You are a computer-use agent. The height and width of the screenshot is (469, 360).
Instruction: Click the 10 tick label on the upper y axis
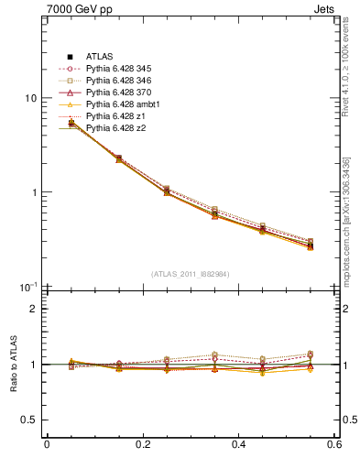(30, 98)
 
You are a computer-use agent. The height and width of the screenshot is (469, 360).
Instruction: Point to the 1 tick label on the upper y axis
(33, 193)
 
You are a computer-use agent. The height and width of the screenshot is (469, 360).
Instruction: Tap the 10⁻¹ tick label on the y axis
(28, 287)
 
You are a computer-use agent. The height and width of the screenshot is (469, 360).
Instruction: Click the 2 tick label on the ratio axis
(33, 309)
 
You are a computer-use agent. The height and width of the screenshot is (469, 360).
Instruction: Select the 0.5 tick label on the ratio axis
(28, 420)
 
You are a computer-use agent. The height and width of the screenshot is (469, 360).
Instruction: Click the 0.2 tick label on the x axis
(142, 444)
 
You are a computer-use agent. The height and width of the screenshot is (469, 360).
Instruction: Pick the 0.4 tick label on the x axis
(238, 444)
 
